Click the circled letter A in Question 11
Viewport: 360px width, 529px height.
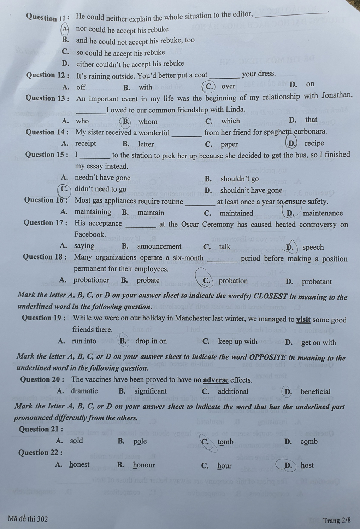coord(65,28)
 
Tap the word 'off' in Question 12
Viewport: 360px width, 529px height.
coord(81,87)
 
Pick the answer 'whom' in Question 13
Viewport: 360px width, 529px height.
coord(148,122)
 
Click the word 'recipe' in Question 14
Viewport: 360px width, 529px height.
coord(314,143)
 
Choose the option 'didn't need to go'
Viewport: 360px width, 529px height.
coord(100,189)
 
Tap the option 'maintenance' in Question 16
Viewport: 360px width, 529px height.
coord(323,213)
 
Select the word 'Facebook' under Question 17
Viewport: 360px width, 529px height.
coord(90,234)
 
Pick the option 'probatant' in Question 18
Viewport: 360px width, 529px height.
coord(317,282)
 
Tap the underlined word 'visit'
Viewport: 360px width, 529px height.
coord(303,320)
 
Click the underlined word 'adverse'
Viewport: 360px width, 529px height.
coord(216,380)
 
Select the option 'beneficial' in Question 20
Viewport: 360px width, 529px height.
coord(315,392)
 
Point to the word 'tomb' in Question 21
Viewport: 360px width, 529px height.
coord(225,442)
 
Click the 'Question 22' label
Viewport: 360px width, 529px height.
coord(41,453)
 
